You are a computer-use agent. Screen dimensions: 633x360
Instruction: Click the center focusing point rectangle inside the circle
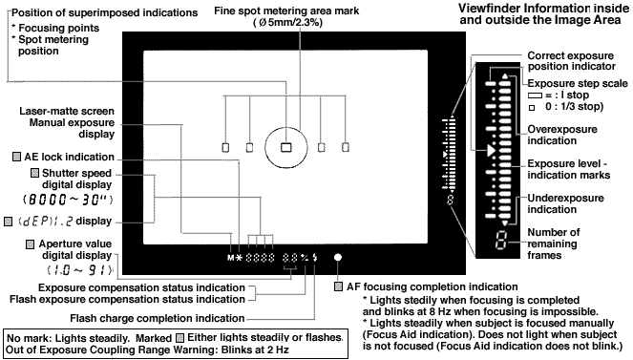[x=285, y=147]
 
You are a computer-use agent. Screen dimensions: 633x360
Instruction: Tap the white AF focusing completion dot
[x=338, y=257]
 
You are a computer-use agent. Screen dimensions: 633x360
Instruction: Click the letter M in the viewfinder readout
[x=230, y=258]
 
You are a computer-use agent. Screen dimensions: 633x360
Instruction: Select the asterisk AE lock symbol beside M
[x=239, y=258]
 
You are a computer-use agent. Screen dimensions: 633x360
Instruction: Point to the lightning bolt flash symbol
[x=315, y=258]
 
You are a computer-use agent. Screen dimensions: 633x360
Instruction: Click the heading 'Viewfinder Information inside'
[x=543, y=8]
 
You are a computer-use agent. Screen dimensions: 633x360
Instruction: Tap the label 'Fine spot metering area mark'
[x=286, y=11]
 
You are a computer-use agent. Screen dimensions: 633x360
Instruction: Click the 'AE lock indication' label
[x=69, y=157]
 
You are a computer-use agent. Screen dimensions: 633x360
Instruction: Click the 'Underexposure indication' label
[x=565, y=203]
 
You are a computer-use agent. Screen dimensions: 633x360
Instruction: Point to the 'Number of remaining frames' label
[x=553, y=244]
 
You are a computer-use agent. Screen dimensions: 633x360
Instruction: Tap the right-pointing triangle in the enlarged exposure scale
[x=491, y=151]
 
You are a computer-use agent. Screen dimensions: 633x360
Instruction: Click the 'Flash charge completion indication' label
[x=158, y=318]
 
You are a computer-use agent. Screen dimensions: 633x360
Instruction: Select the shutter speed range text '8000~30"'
[x=68, y=200]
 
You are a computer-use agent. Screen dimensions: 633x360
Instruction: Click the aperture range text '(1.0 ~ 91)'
[x=79, y=270]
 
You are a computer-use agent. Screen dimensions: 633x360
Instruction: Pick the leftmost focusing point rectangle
[x=225, y=147]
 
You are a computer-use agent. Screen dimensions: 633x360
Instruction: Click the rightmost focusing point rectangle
[x=346, y=147]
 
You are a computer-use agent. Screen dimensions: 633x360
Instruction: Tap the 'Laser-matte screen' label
[x=67, y=111]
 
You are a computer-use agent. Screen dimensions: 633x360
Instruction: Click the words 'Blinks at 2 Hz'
[x=255, y=349]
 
